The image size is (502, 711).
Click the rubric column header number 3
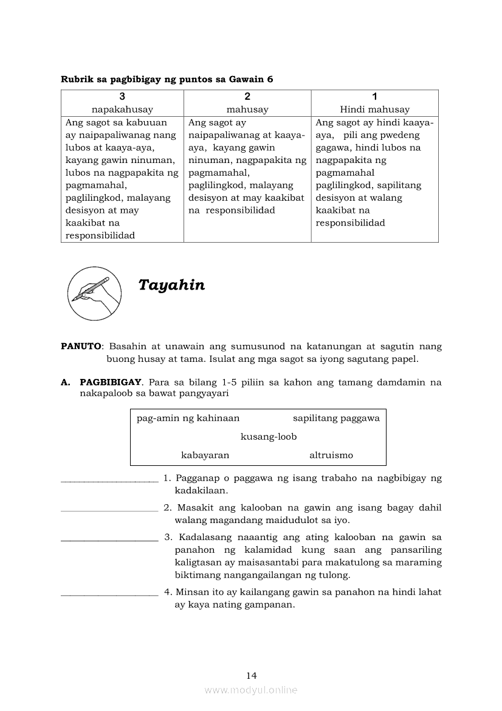[x=122, y=96]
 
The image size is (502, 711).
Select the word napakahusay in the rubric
[x=122, y=109]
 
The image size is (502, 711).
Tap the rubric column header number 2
[x=247, y=96]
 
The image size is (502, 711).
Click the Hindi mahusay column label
[x=374, y=109]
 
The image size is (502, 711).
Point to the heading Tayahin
[x=171, y=285]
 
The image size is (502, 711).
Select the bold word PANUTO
[x=81, y=346]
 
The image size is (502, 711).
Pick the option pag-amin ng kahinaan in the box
[x=188, y=418]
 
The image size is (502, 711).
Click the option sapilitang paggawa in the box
[x=336, y=418]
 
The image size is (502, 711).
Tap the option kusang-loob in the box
[x=269, y=437]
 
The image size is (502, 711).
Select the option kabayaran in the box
[x=205, y=455]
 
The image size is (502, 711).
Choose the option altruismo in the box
[x=331, y=455]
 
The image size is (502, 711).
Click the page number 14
[x=252, y=675]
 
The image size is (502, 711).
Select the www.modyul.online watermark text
[x=251, y=690]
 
